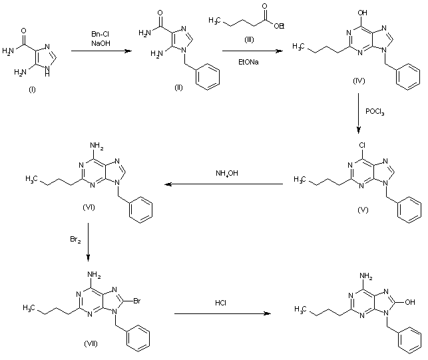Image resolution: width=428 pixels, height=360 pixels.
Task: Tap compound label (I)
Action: click(x=31, y=90)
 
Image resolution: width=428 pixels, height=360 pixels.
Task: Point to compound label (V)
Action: click(x=364, y=210)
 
